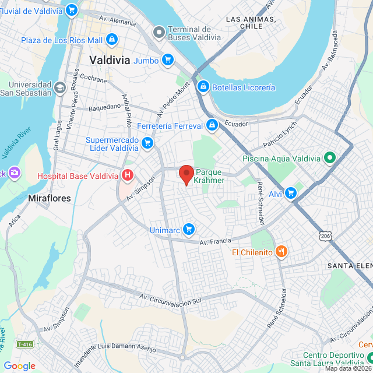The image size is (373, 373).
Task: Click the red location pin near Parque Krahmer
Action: (186, 174)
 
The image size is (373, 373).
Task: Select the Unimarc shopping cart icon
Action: (188, 229)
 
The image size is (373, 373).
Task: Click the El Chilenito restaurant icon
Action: (281, 252)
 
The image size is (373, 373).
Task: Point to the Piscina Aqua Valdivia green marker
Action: (329, 158)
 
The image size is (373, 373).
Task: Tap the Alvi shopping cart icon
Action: (291, 193)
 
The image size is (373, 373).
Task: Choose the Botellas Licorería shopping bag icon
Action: (203, 87)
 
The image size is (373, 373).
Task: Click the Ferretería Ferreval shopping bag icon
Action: (212, 125)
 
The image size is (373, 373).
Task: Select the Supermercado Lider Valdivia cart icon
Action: (147, 142)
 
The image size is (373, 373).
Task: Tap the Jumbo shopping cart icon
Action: (168, 60)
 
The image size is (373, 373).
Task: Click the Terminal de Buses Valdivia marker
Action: (159, 34)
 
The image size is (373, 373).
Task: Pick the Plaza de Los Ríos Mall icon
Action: (111, 40)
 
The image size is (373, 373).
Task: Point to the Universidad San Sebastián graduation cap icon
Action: (59, 88)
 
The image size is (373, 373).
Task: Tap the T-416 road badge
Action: (24, 344)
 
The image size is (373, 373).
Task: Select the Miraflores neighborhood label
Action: (50, 198)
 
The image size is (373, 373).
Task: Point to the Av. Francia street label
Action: (215, 241)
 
